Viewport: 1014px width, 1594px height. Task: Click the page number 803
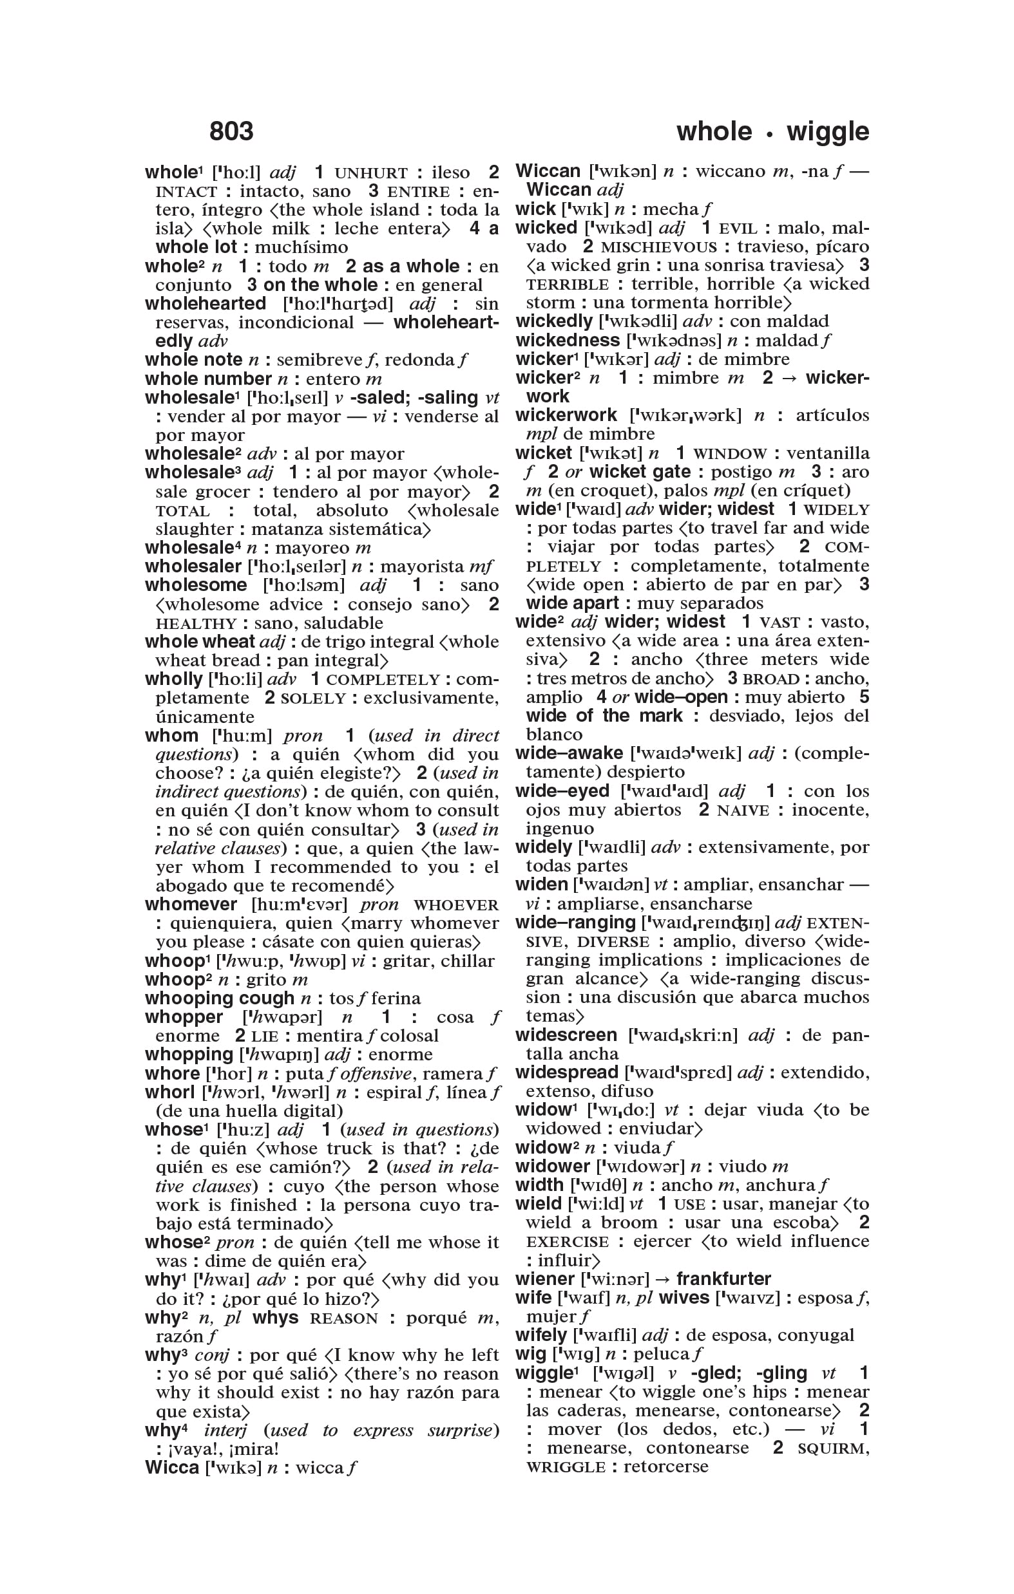pos(231,131)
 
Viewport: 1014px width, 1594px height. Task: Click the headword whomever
pos(191,905)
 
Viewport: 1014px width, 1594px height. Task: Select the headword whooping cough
pos(219,999)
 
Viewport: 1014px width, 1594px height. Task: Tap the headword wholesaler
pos(193,567)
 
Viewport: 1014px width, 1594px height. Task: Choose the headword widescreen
pos(566,1035)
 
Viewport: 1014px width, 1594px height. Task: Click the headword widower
pos(552,1167)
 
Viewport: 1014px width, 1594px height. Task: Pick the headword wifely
pos(540,1335)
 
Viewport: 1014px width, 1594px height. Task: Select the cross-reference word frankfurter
pos(723,1279)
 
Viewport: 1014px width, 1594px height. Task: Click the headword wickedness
pos(568,341)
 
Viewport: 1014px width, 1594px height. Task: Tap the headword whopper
pos(184,1017)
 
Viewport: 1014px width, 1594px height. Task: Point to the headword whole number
pos(208,379)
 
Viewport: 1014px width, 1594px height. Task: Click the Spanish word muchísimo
pos(301,248)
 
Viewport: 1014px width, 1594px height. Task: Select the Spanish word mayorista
pos(422,567)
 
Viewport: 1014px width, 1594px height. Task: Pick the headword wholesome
pos(195,585)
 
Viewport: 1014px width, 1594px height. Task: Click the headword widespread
pos(566,1073)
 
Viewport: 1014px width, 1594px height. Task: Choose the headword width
pos(539,1185)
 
